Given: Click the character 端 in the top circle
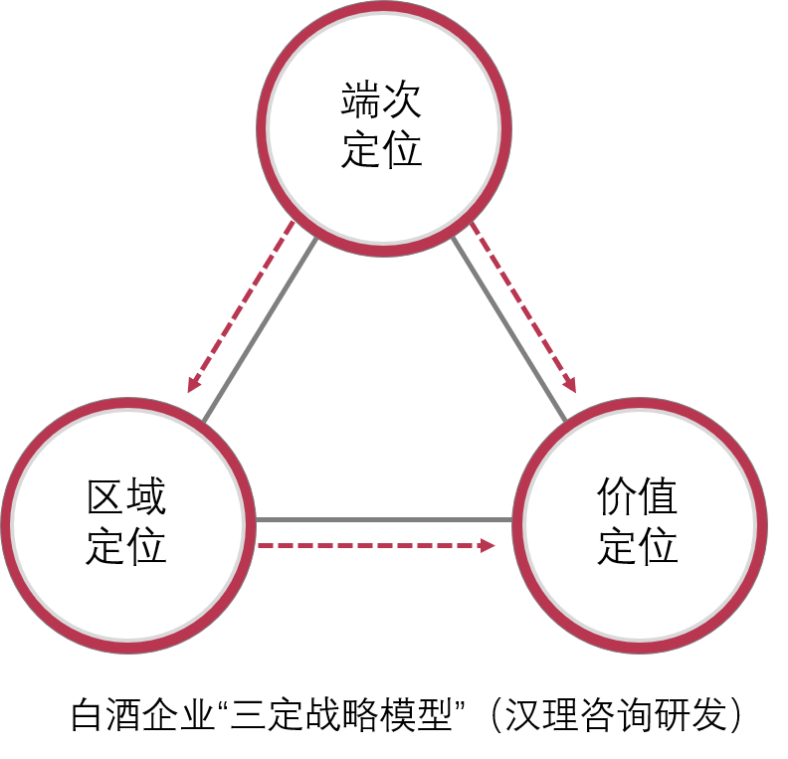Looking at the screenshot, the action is tap(360, 99).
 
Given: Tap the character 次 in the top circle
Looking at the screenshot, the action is tap(401, 99).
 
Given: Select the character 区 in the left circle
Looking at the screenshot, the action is tap(106, 496).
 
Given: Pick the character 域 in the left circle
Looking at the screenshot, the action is tap(146, 496).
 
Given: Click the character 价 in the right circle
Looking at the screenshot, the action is tap(617, 496).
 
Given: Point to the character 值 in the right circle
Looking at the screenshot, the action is tap(658, 496).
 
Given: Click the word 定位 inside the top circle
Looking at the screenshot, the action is tap(381, 148).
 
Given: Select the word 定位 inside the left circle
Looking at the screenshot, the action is tap(126, 545).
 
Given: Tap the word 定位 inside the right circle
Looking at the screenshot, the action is tap(637, 545).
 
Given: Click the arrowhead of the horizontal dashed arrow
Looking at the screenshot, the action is tap(488, 545).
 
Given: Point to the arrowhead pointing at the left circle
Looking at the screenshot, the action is tap(193, 384).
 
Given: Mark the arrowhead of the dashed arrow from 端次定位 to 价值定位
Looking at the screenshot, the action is tap(569, 384).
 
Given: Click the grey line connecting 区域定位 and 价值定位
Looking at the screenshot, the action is tap(384, 519).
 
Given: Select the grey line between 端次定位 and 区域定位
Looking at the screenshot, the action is tap(260, 329).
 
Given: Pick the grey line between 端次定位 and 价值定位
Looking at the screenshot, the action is tap(508, 328).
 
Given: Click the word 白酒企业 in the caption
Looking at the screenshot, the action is tap(142, 714).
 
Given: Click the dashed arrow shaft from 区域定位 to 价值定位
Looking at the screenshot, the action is tap(369, 545).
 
